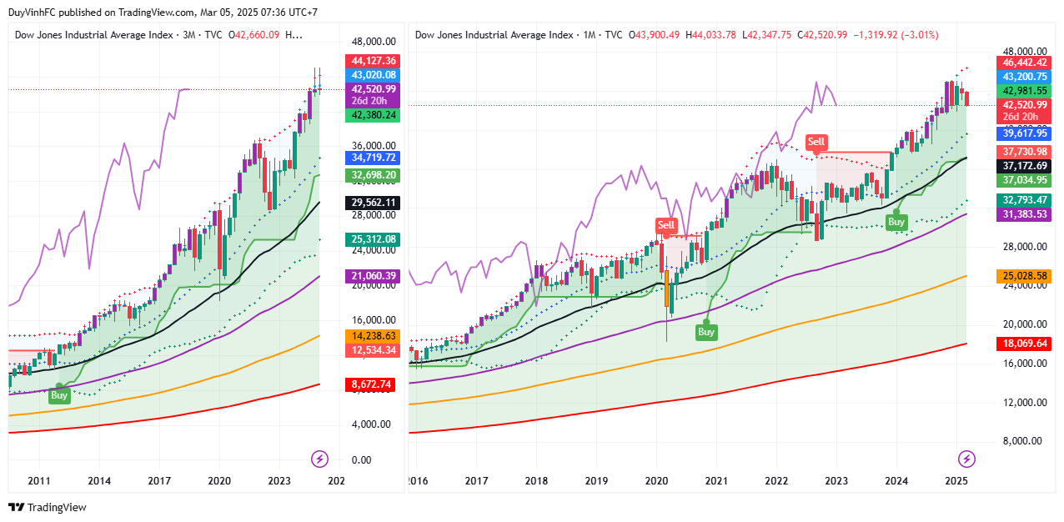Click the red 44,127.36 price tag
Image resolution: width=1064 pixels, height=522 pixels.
(374, 61)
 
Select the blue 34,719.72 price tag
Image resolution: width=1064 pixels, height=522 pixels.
(374, 157)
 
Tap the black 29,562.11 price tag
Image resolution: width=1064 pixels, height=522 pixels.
(374, 203)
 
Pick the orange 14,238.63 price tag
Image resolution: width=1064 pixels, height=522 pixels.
(374, 336)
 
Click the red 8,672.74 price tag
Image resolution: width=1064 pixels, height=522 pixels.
(374, 384)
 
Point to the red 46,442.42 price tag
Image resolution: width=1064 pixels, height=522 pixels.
(1025, 63)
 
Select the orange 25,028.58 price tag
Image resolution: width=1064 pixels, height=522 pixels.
(1025, 276)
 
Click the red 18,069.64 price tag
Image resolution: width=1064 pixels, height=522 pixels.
(1025, 344)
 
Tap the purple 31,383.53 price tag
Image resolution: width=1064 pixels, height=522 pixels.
(1025, 215)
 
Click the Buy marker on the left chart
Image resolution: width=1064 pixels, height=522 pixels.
(59, 396)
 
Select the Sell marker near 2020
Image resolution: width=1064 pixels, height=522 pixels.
(666, 225)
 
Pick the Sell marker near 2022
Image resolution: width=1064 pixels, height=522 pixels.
(816, 143)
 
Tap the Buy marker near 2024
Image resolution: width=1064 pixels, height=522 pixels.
(896, 223)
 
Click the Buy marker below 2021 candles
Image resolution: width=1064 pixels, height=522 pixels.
(706, 332)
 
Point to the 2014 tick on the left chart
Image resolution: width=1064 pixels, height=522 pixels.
(99, 481)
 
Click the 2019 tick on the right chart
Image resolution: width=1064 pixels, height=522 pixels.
(595, 481)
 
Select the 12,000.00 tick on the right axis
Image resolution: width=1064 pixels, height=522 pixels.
(1026, 403)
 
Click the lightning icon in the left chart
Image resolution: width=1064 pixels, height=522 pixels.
(320, 459)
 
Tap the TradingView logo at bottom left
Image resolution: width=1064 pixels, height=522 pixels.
(48, 507)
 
